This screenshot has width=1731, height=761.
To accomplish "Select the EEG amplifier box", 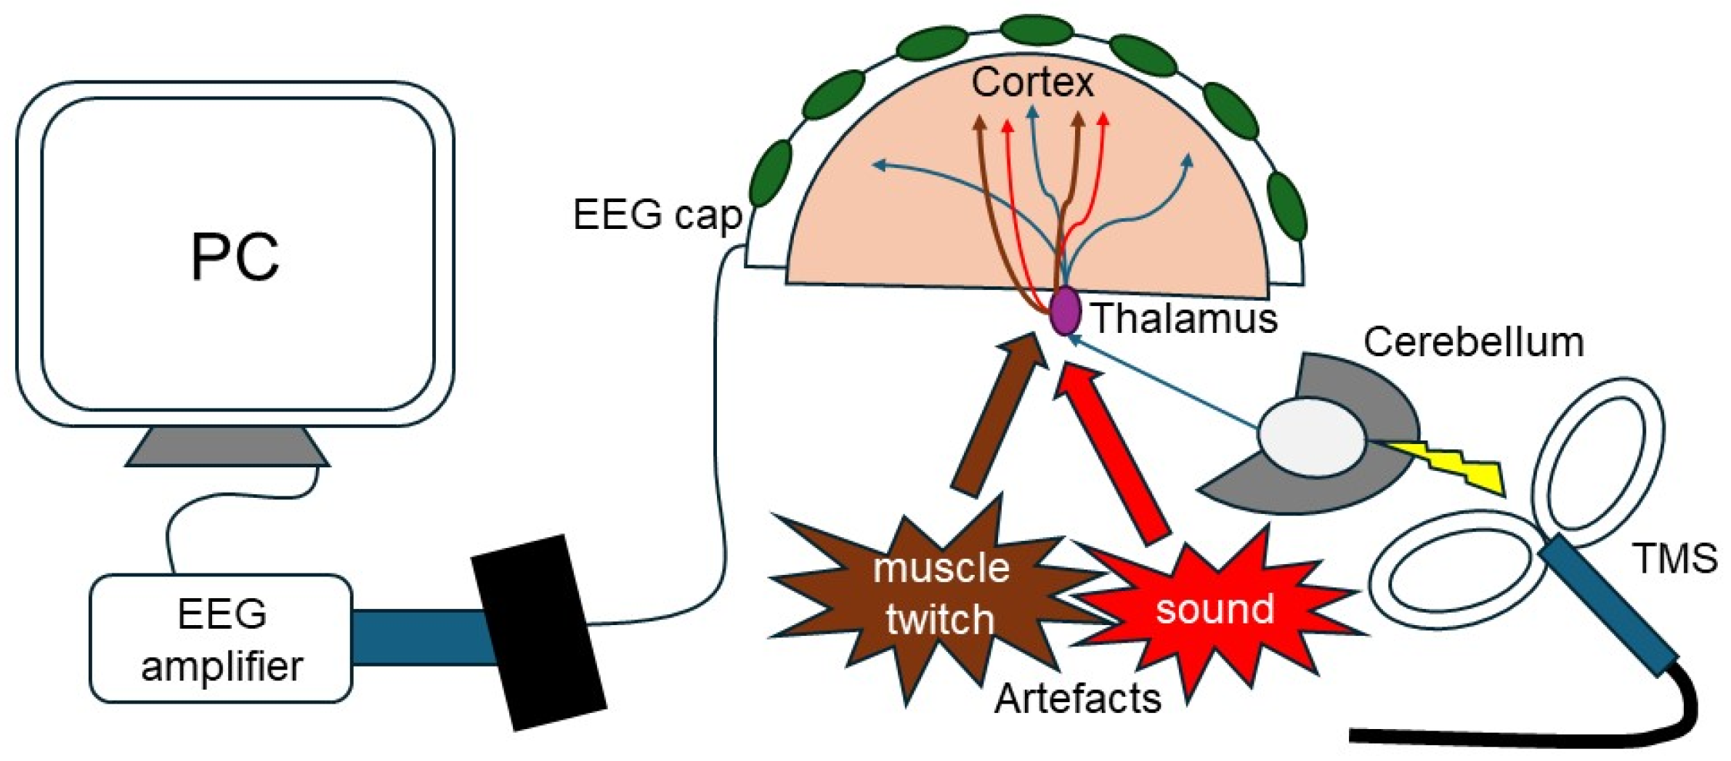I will (x=221, y=639).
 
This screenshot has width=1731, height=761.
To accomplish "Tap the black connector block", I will (x=538, y=632).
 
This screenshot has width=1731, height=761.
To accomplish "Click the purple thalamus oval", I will (x=1065, y=310).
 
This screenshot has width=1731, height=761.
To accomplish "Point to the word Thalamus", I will (x=1185, y=318).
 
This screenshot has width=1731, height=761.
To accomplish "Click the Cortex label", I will (x=1032, y=81).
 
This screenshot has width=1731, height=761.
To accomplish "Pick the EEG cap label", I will (x=657, y=214).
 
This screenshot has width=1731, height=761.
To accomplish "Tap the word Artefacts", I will (x=1077, y=698).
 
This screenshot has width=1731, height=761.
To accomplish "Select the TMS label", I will (x=1675, y=558).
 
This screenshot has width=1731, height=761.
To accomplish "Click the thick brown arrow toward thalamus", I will (x=999, y=414).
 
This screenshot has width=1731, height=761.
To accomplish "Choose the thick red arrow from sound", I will (x=1111, y=451).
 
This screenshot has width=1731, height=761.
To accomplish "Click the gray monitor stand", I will (x=227, y=446).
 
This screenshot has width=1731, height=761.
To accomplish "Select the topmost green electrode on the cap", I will (x=1037, y=31).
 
